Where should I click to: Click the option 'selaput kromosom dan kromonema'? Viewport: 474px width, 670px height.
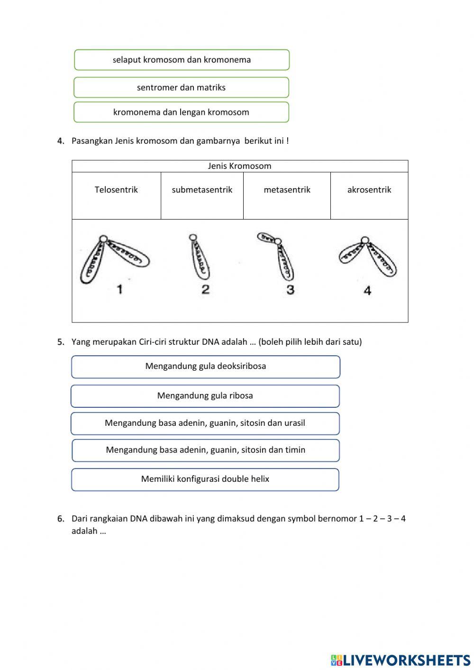pyautogui.click(x=182, y=60)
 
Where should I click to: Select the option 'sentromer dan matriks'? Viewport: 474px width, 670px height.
pyautogui.click(x=181, y=87)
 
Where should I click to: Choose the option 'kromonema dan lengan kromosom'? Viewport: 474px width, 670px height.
pyautogui.click(x=181, y=112)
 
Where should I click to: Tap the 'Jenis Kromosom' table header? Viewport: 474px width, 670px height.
pyautogui.click(x=240, y=166)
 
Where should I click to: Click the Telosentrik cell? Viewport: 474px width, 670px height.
pyautogui.click(x=116, y=195)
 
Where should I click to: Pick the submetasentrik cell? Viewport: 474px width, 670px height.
pyautogui.click(x=202, y=195)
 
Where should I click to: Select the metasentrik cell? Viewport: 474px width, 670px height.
pyautogui.click(x=287, y=195)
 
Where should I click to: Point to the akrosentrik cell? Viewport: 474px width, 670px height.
pyautogui.click(x=369, y=195)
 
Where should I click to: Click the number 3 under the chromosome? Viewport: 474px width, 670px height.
pyautogui.click(x=291, y=289)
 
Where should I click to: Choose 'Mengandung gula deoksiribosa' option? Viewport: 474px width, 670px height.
pyautogui.click(x=206, y=367)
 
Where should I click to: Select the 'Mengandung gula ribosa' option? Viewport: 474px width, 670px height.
pyautogui.click(x=205, y=396)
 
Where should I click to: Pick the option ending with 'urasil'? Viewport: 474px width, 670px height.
pyautogui.click(x=205, y=423)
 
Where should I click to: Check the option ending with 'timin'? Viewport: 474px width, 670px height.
pyautogui.click(x=206, y=450)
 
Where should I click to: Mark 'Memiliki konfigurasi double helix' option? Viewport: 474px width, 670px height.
pyautogui.click(x=205, y=479)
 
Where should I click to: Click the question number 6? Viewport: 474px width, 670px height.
pyautogui.click(x=61, y=519)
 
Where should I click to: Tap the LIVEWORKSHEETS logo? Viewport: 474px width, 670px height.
pyautogui.click(x=401, y=660)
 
